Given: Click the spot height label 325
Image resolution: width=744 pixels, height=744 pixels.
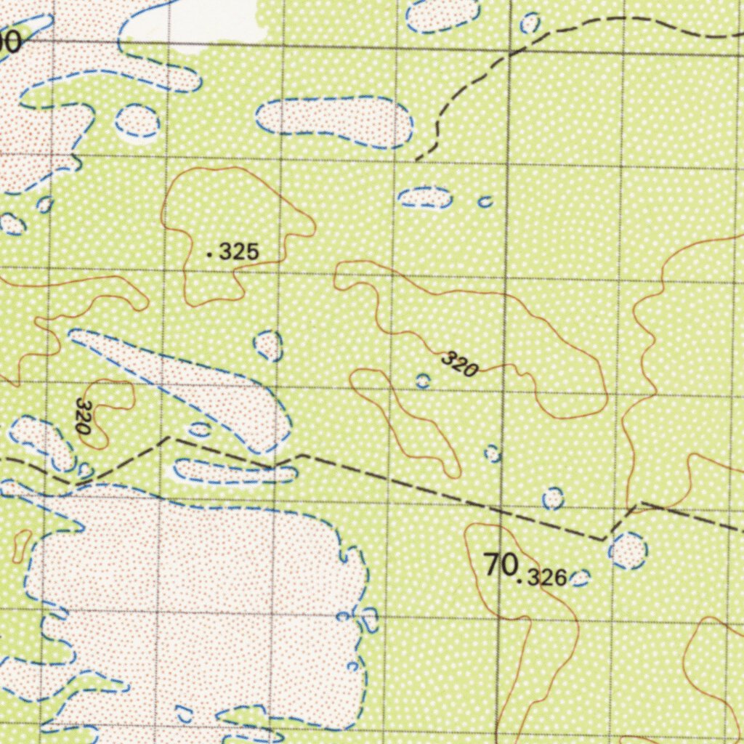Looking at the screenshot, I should click(239, 253).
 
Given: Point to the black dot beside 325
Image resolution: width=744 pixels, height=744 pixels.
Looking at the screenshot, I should click(210, 254).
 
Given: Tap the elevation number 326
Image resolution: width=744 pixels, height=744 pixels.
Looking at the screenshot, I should click(546, 578).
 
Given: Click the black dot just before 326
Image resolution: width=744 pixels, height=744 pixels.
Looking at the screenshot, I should click(519, 581).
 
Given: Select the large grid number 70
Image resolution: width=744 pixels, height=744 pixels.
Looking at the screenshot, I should click(501, 565).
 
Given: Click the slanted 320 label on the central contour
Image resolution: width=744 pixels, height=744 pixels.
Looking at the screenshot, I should click(459, 364).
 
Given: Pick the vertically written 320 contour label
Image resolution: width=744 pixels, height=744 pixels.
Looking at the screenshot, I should click(84, 416).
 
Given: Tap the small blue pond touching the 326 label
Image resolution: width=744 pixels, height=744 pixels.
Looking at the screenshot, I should click(580, 578).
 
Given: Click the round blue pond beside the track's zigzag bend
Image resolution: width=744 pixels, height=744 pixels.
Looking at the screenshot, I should click(628, 549).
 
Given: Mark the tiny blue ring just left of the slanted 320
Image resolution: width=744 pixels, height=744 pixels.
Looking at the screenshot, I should click(423, 381).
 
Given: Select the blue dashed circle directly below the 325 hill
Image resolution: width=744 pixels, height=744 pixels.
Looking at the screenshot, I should click(268, 345).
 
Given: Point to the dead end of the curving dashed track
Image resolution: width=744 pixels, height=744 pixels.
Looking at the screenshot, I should click(416, 159).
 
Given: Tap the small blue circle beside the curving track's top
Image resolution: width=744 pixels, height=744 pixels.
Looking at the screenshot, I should click(530, 23).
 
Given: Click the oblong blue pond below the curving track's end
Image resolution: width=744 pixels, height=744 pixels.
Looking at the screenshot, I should click(425, 197).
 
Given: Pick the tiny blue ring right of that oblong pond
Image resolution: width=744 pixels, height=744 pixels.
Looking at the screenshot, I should click(485, 201).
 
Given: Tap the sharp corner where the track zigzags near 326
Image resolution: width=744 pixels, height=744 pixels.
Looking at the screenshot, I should click(604, 539).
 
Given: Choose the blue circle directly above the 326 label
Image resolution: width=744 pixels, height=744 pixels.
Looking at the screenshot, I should click(553, 498).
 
